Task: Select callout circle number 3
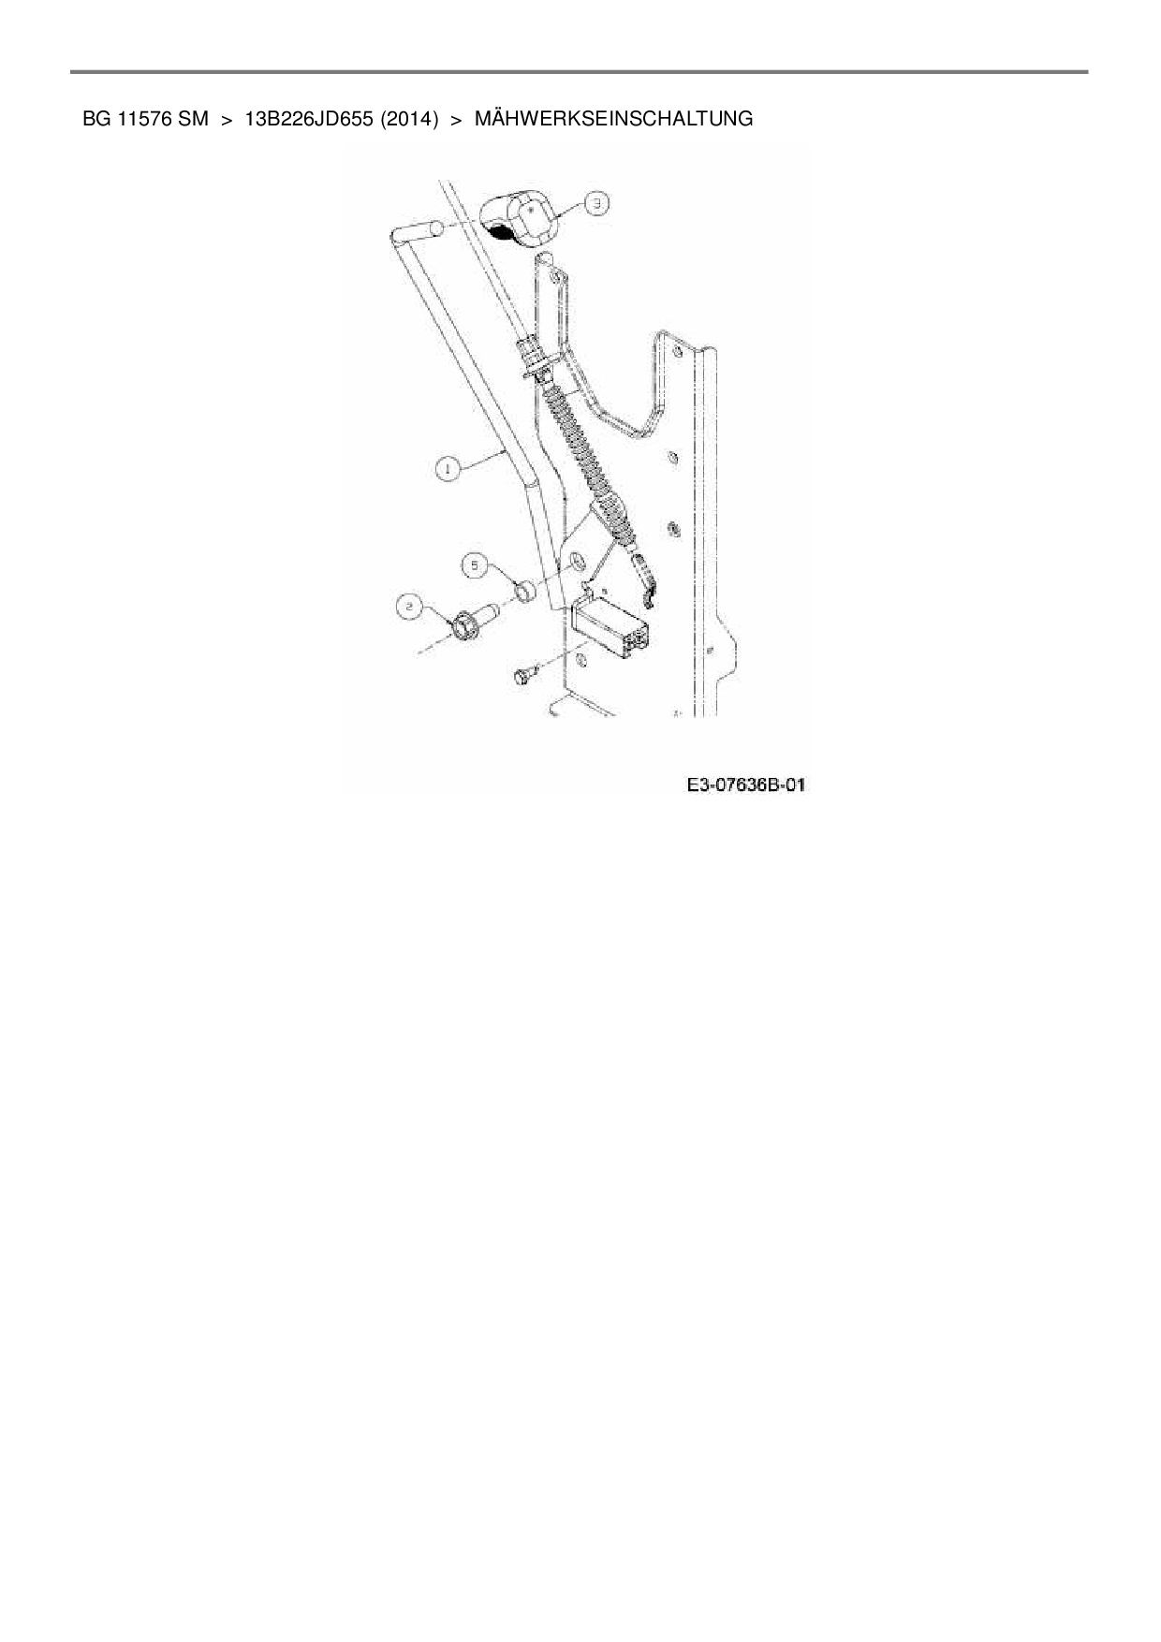tap(596, 202)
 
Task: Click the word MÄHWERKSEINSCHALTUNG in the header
tap(613, 119)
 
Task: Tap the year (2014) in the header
tap(410, 119)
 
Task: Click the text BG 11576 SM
tap(145, 119)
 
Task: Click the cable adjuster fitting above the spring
tap(532, 357)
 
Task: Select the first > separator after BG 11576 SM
tap(227, 119)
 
